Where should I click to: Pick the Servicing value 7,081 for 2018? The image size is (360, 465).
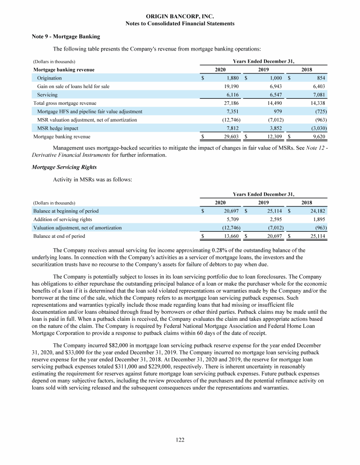pos(318,95)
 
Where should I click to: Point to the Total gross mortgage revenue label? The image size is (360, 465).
pos(65,103)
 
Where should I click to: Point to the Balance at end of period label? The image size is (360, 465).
pos(59,236)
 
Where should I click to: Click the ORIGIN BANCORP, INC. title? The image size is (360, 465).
pos(180,16)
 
